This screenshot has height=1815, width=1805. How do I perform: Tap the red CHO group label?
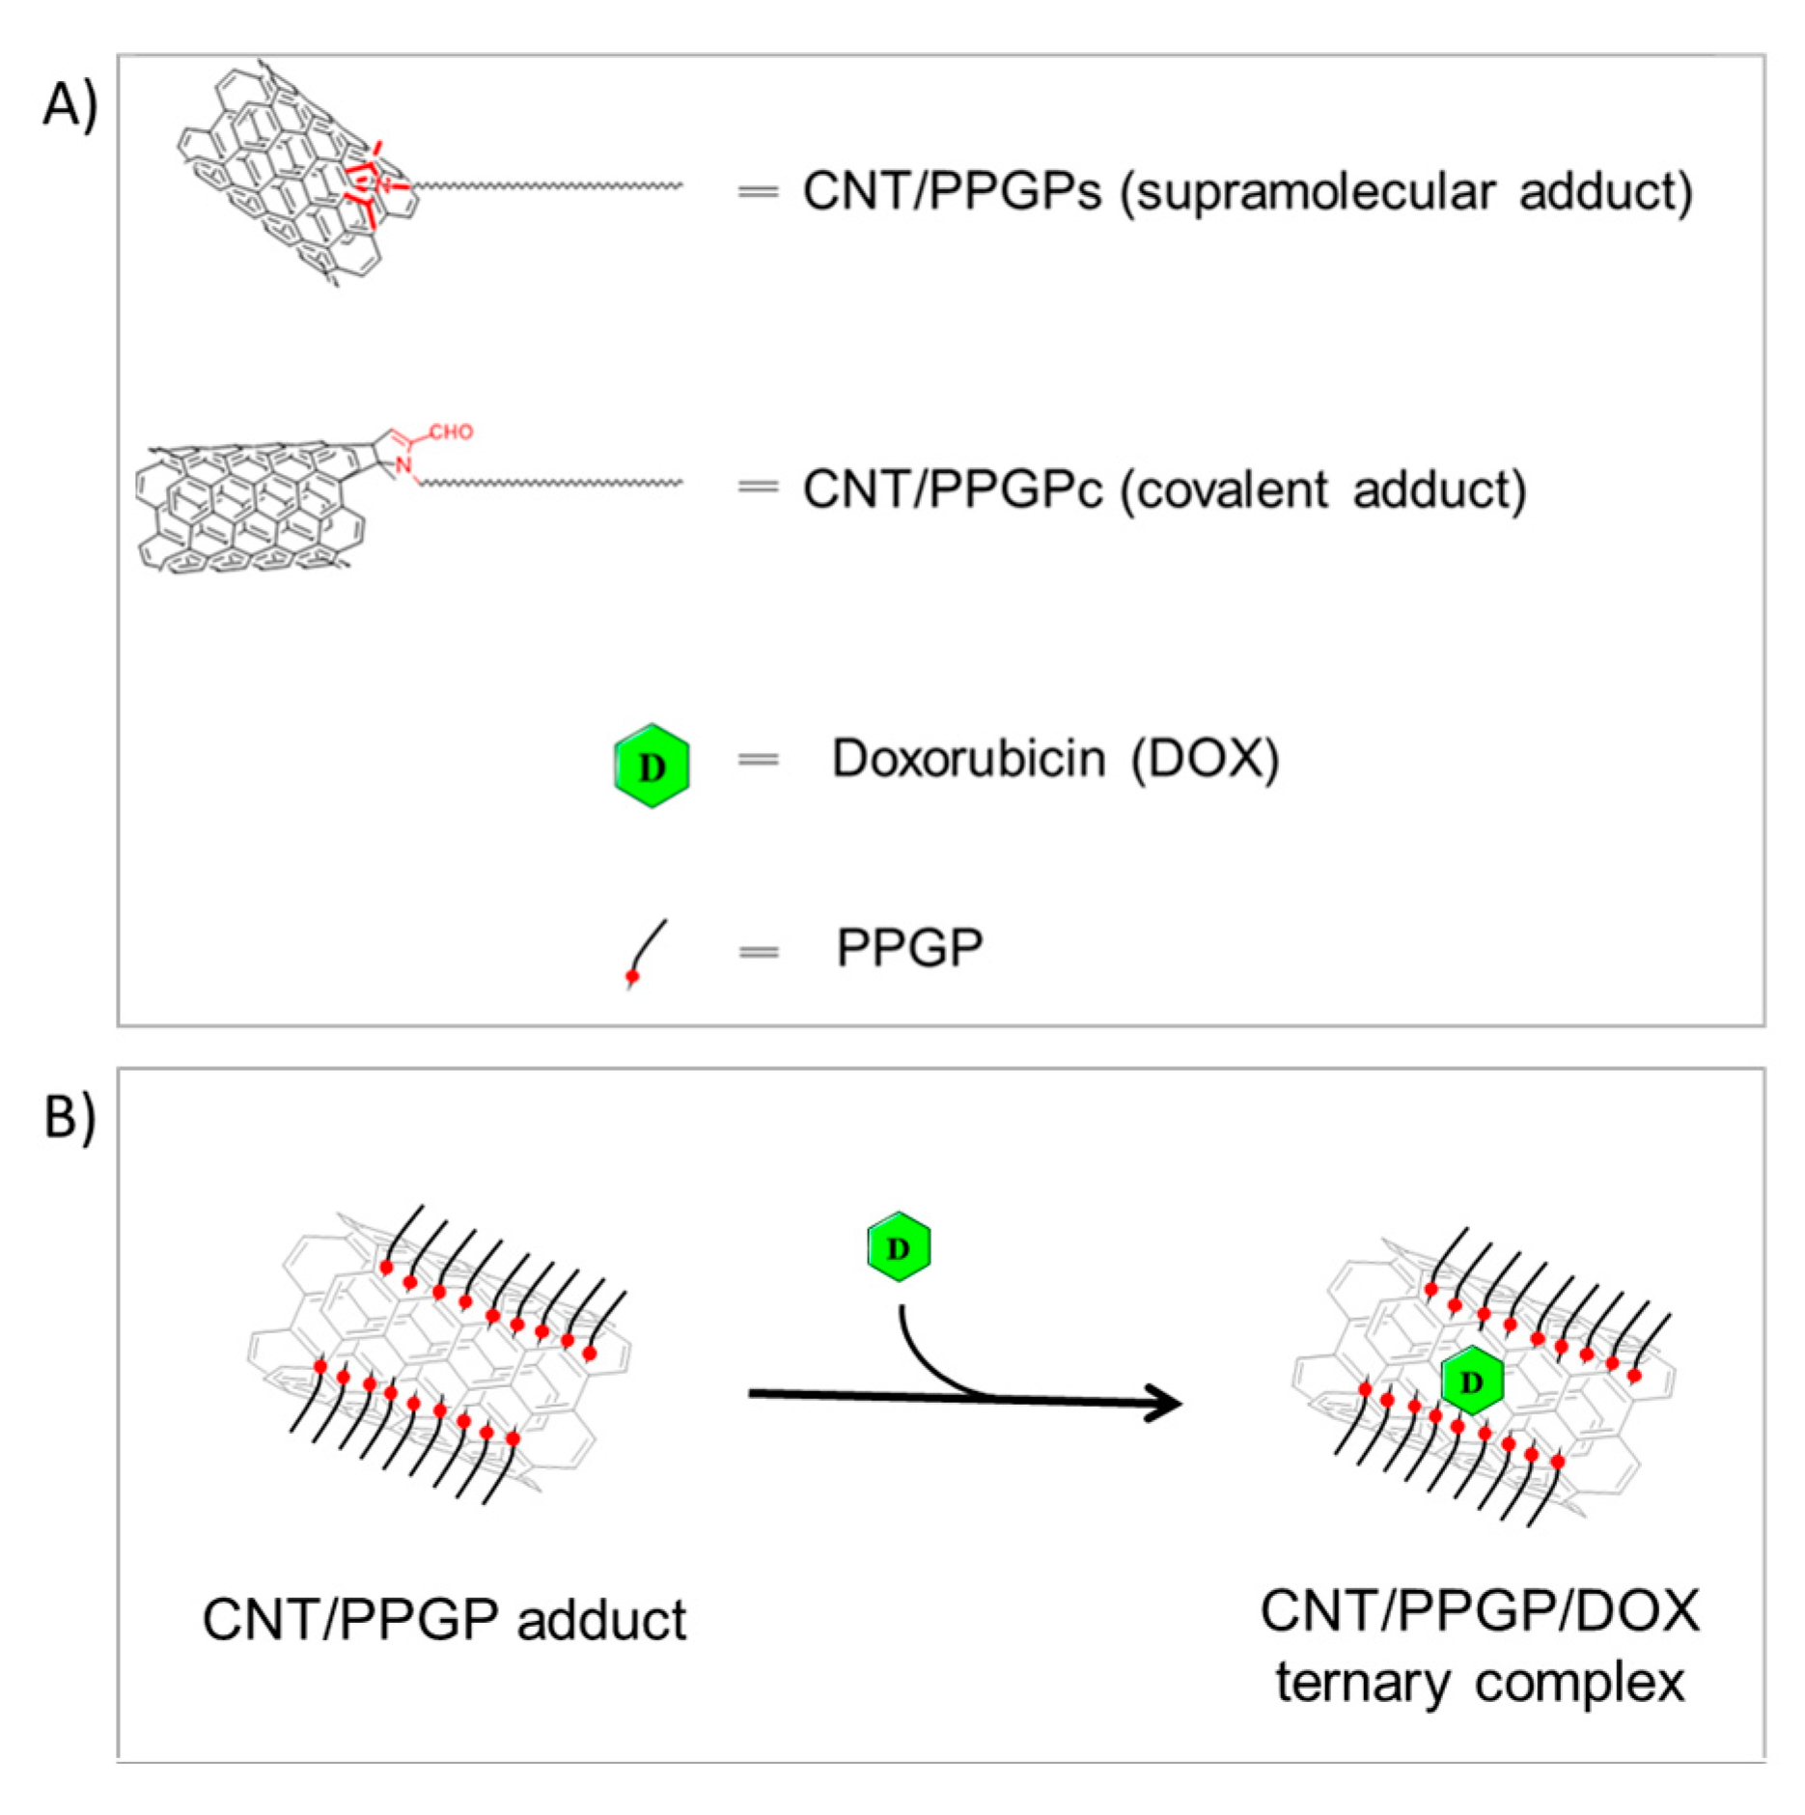click(451, 432)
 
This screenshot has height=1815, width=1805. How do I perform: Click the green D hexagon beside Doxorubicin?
click(653, 766)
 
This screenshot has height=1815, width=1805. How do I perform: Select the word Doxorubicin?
click(968, 759)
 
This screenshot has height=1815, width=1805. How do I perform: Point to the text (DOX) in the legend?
click(1206, 759)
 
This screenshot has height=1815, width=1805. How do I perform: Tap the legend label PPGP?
click(909, 948)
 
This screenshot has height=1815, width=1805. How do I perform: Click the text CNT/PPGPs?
click(952, 191)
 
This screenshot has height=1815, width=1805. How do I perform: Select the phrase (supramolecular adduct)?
click(1405, 191)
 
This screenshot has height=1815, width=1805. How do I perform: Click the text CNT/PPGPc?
click(952, 489)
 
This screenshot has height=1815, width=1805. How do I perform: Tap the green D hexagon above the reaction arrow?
click(899, 1247)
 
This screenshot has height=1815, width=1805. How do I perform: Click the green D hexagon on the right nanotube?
click(1472, 1382)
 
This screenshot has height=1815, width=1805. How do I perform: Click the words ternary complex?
click(1480, 1683)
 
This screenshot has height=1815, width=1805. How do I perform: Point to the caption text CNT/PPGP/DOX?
click(1480, 1610)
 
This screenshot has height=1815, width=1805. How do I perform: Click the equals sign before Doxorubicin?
click(758, 760)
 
